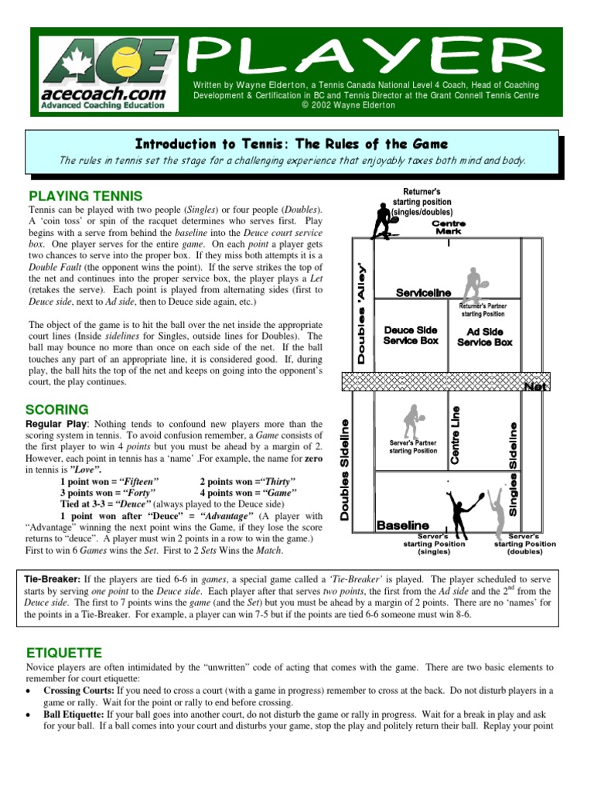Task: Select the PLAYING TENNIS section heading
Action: tap(85, 196)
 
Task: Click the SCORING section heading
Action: tap(58, 409)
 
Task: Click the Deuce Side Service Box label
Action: tap(411, 335)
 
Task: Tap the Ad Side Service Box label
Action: tap(484, 336)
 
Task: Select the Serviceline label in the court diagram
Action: tap(423, 293)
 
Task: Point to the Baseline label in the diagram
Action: tap(402, 525)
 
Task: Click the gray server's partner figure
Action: tap(411, 422)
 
